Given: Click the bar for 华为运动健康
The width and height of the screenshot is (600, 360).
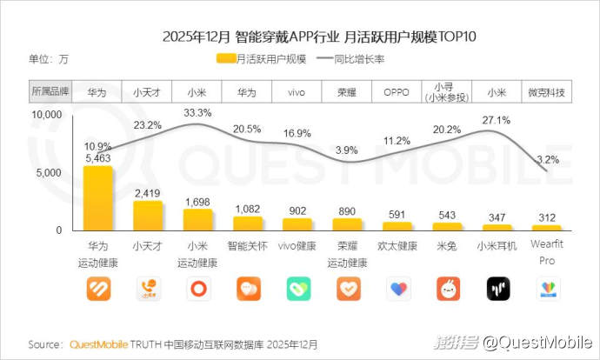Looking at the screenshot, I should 98,198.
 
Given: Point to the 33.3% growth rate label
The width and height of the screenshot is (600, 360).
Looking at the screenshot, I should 198,112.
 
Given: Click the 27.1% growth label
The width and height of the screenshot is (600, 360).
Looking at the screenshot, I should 496,119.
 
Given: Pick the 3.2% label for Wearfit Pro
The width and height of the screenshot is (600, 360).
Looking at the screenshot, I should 547,159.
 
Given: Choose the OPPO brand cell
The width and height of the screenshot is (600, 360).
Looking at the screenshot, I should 397,91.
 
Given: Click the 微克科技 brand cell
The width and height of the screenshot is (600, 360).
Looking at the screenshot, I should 546,91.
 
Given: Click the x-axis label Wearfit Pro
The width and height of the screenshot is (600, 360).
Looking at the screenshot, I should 547,252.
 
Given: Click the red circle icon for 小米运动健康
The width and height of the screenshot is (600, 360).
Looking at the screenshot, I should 198,289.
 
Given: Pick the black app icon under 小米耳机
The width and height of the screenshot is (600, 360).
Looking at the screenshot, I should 497,289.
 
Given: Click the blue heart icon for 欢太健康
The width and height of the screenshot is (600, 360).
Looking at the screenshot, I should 397,289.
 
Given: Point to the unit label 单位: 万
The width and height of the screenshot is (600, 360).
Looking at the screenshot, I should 49,59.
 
